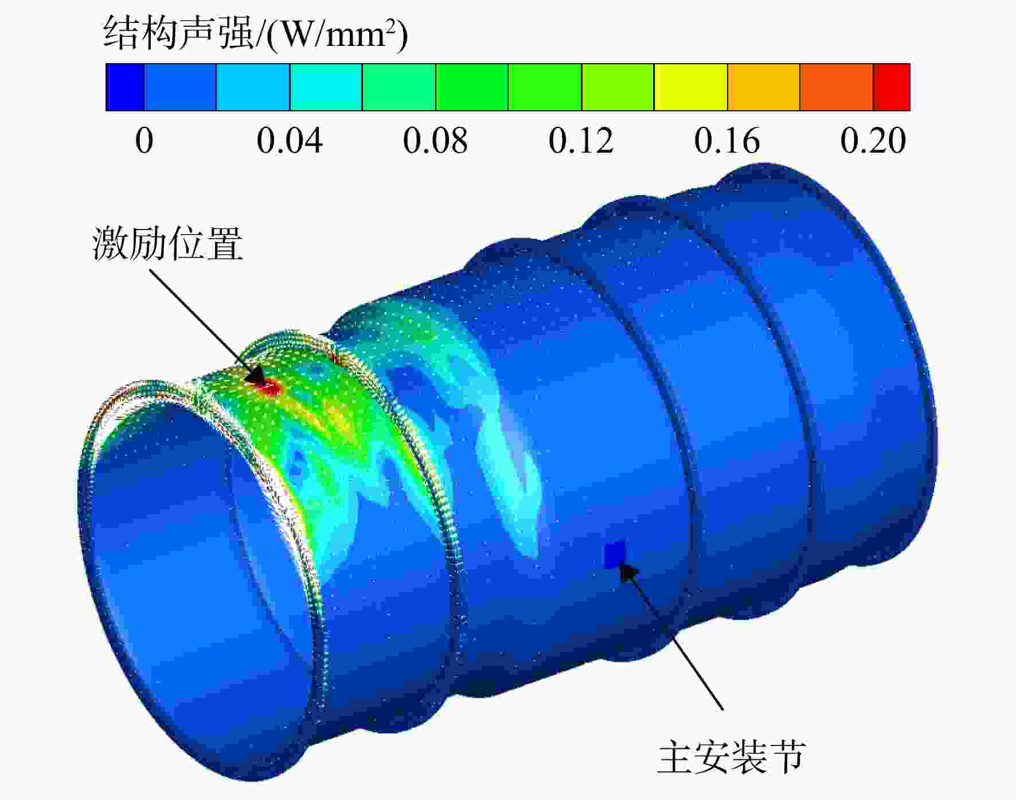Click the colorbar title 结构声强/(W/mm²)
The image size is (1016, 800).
[x=256, y=33]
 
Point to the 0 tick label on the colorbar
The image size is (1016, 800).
[x=144, y=141]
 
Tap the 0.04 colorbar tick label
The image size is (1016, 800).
[x=290, y=141]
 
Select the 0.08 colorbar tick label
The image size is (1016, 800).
[x=435, y=141]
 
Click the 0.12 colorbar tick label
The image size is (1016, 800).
[x=581, y=141]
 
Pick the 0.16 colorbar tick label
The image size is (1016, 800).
[x=727, y=141]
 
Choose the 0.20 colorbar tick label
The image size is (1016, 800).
[x=873, y=141]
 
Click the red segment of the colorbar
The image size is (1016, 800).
[x=892, y=87]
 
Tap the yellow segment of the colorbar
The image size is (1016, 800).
[x=691, y=87]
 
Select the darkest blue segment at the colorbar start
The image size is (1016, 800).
[x=125, y=87]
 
